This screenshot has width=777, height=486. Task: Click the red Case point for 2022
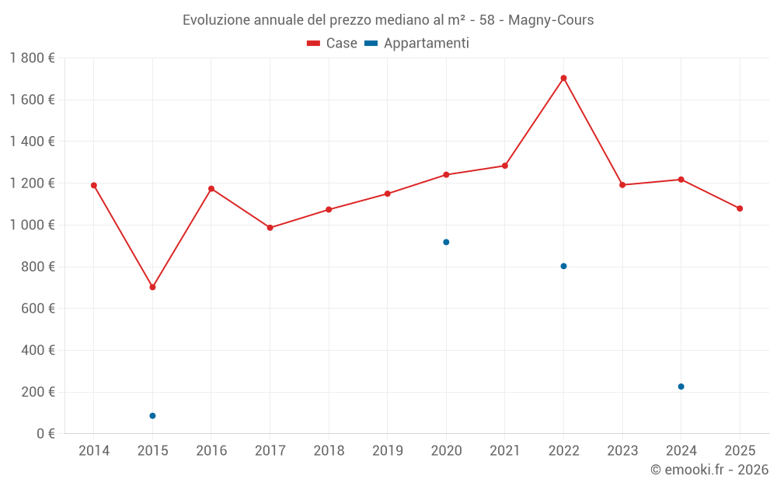563,78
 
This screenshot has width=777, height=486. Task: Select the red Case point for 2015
152,287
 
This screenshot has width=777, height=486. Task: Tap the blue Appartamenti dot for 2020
446,242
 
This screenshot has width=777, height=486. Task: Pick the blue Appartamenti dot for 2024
681,386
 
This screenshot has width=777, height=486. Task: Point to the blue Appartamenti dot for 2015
152,416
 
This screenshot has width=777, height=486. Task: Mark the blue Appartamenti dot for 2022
563,266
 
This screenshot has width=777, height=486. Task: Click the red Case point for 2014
94,185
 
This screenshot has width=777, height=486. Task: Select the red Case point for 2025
740,208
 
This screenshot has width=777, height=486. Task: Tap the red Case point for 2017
270,228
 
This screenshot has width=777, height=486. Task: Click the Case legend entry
333,44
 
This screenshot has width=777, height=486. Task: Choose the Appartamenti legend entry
417,44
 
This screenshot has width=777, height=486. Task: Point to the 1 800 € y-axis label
32,58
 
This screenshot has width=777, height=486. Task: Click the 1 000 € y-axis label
32,225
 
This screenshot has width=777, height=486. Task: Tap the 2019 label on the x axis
387,451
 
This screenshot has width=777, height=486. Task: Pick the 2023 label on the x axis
622,451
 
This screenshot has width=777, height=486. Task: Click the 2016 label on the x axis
211,451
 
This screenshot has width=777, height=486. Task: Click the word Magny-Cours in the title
551,20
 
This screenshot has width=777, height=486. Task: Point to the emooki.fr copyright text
709,470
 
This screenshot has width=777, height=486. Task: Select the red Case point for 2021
504,166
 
